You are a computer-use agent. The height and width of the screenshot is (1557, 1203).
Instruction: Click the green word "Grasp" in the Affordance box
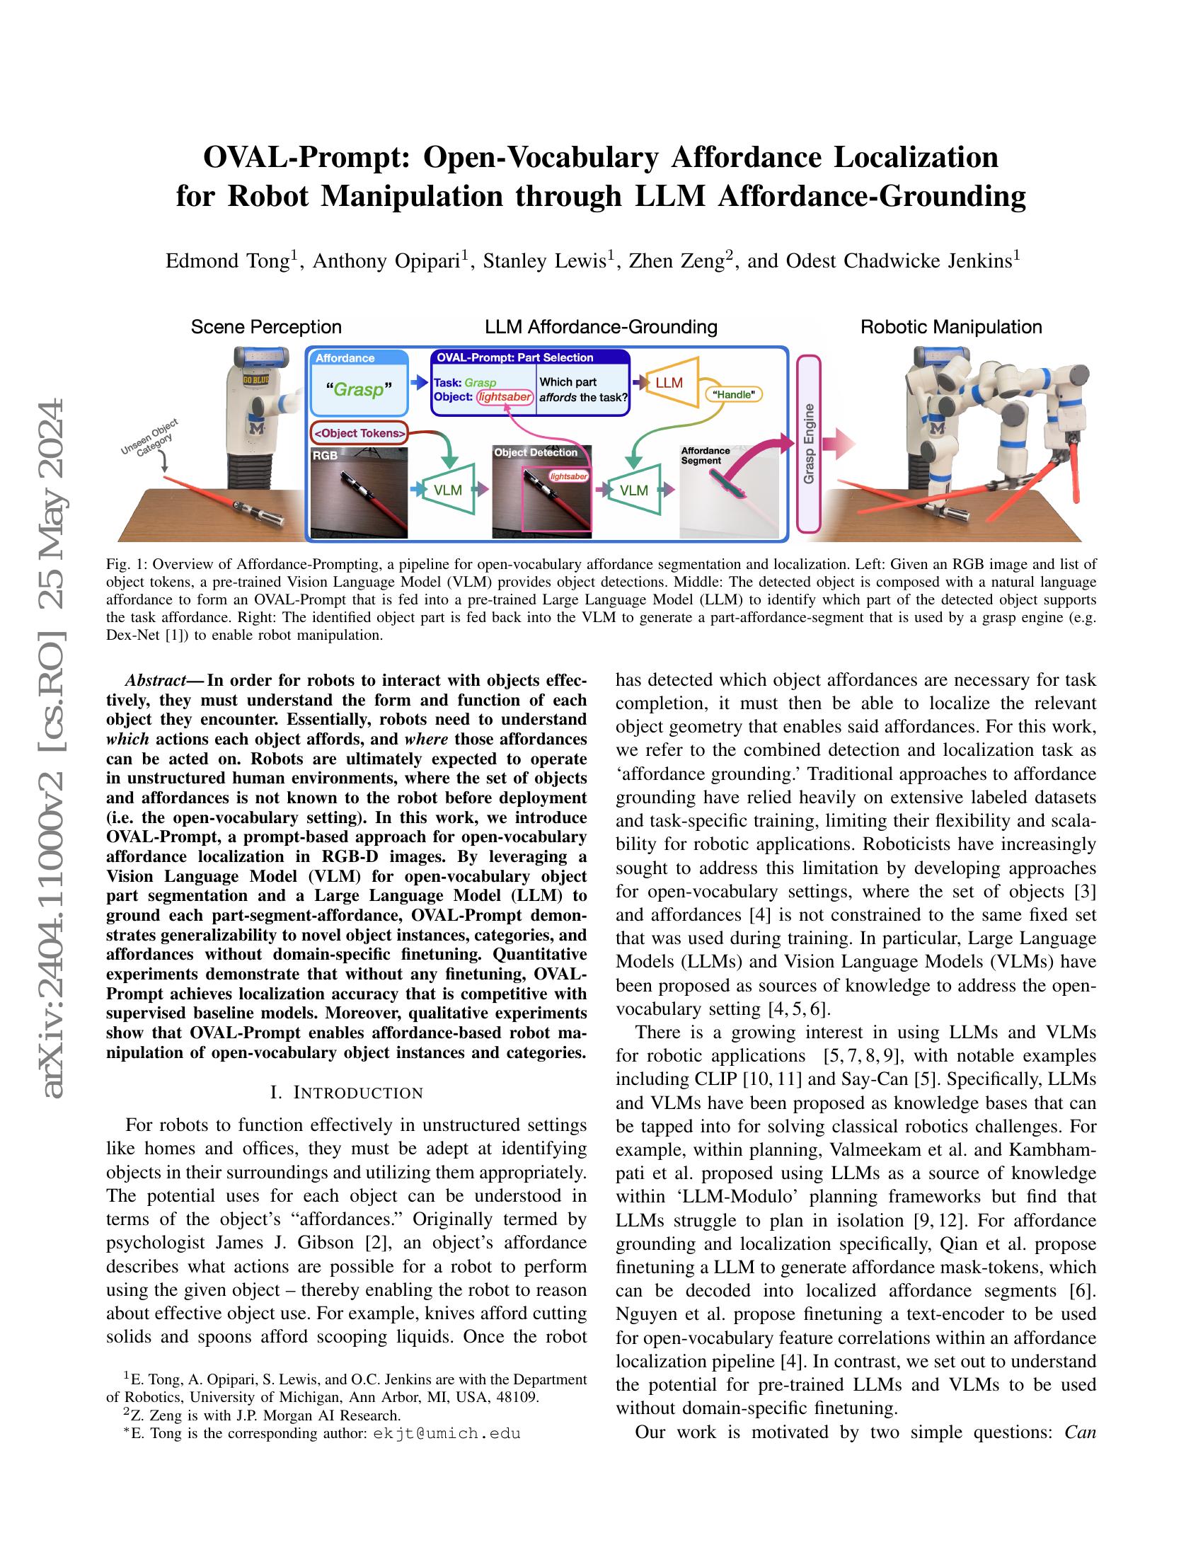359,390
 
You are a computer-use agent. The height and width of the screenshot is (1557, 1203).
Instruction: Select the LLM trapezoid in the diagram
669,383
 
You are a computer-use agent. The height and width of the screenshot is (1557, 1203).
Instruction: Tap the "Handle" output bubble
733,393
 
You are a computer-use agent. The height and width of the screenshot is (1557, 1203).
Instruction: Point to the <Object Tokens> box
359,432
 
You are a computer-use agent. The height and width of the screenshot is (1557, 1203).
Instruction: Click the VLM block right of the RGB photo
448,490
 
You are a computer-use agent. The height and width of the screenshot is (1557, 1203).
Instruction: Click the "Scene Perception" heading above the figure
266,327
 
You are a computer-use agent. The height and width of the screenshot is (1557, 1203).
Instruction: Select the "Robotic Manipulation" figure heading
950,327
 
